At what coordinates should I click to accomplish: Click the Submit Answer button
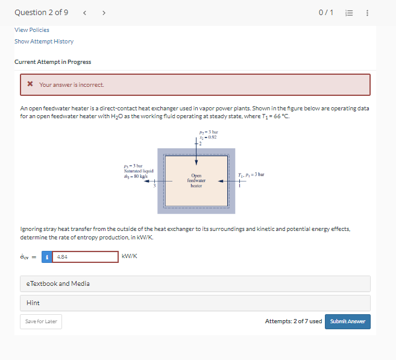(x=348, y=321)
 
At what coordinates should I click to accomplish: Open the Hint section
(x=34, y=303)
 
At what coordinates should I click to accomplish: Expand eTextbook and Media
(x=58, y=283)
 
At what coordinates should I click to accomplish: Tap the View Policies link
(x=32, y=30)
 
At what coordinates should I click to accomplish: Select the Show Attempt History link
(x=44, y=42)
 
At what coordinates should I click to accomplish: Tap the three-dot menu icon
(x=385, y=13)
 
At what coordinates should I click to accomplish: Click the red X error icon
(x=30, y=84)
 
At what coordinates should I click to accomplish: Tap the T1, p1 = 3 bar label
(x=251, y=174)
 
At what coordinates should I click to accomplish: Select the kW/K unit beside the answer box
(x=130, y=256)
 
